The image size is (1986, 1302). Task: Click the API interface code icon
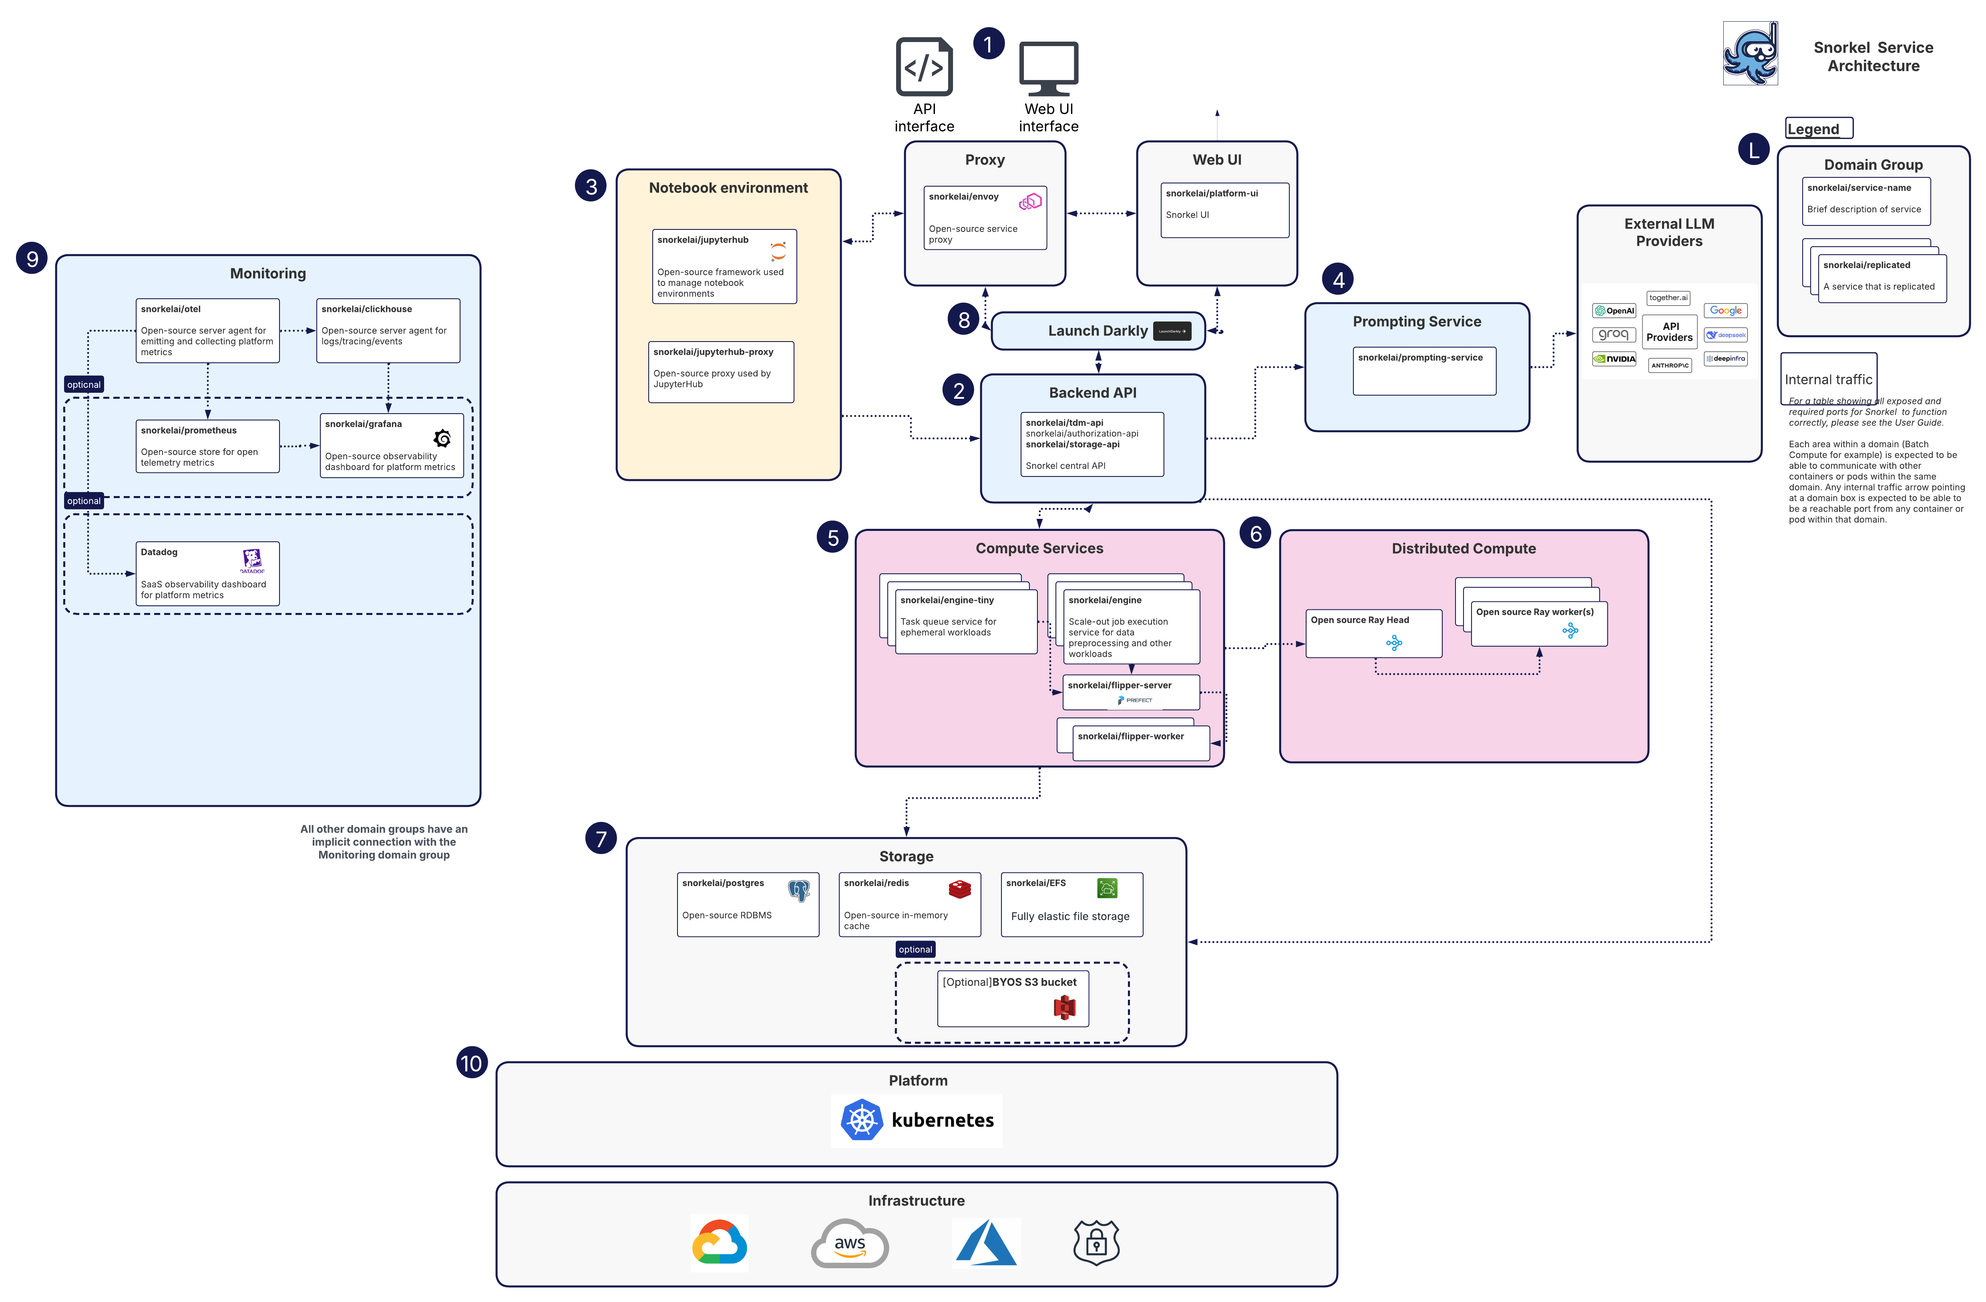(924, 67)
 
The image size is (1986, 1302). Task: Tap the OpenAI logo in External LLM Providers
(1613, 310)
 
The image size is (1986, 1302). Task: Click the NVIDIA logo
(1613, 359)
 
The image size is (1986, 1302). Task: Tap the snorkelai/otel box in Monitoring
(207, 331)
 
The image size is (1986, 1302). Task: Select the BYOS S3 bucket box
(1012, 997)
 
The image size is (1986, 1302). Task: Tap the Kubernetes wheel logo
(861, 1120)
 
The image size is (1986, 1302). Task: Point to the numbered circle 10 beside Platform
(471, 1063)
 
